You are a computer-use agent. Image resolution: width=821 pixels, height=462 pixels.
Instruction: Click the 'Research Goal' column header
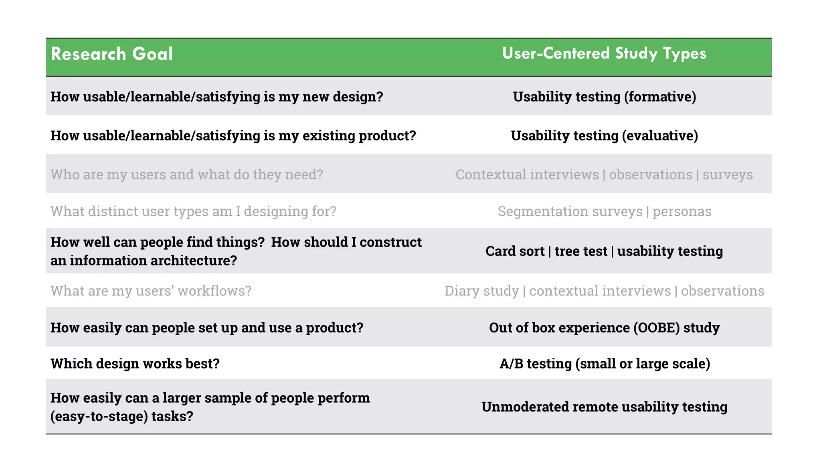coord(111,54)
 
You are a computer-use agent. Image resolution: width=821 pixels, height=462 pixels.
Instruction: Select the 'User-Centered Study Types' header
coord(604,53)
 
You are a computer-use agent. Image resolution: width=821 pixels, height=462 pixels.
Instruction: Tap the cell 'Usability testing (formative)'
coord(604,97)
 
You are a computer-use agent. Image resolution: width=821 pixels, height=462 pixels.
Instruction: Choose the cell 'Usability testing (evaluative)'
coord(604,136)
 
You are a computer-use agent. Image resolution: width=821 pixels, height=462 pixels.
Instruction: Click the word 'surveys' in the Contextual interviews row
coord(728,175)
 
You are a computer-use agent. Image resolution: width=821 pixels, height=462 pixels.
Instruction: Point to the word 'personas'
coord(682,211)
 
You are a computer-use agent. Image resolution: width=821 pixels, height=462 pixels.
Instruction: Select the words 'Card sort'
coord(515,251)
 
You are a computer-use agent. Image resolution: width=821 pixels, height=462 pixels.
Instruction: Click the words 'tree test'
coord(581,251)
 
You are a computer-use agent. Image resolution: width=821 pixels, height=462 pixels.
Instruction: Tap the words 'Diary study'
coord(481,291)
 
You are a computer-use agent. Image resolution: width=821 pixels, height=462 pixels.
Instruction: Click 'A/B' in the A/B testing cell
coord(511,364)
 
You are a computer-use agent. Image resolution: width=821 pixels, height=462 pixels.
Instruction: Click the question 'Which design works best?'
coord(135,364)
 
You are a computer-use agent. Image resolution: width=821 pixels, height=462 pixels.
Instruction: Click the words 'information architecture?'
coord(153,261)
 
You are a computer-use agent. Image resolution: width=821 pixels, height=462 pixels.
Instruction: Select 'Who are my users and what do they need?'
coord(186,175)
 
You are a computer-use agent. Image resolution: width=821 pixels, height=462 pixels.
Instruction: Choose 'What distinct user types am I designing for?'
coord(193,211)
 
